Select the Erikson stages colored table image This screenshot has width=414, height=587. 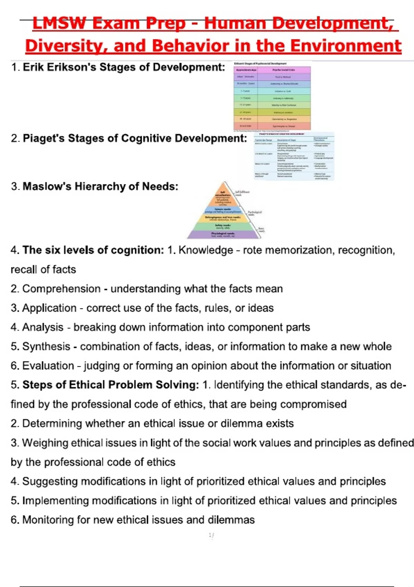(x=272, y=97)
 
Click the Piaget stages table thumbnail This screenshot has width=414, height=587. (x=294, y=156)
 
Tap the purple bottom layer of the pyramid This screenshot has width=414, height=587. (x=224, y=234)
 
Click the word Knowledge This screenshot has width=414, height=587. (x=206, y=250)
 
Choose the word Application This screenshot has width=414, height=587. (x=49, y=308)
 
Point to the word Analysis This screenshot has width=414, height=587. (x=43, y=327)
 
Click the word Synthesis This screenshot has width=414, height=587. (x=46, y=346)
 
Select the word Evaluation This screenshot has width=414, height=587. (x=48, y=366)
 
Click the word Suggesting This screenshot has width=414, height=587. (x=50, y=481)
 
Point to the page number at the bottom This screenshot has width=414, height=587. (x=211, y=536)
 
